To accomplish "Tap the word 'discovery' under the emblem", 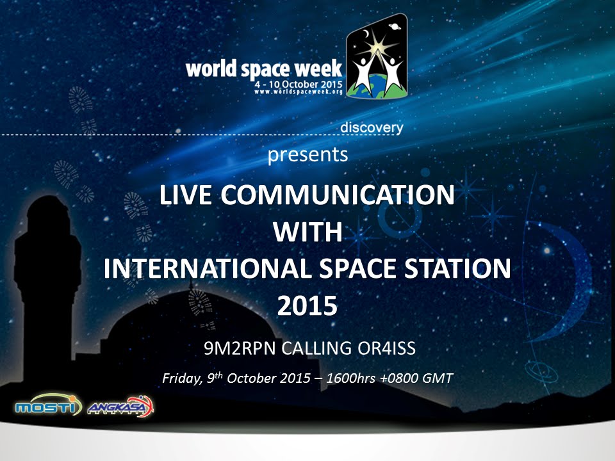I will [x=372, y=127].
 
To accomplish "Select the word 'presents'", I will [x=308, y=154].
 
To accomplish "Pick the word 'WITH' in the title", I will [x=307, y=232].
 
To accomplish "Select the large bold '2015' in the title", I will [x=307, y=306].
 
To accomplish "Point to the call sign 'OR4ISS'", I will [x=386, y=349].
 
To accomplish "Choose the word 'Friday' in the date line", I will [x=181, y=378].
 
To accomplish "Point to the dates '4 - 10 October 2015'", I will [x=299, y=84].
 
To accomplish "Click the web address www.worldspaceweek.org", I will [x=299, y=92].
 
